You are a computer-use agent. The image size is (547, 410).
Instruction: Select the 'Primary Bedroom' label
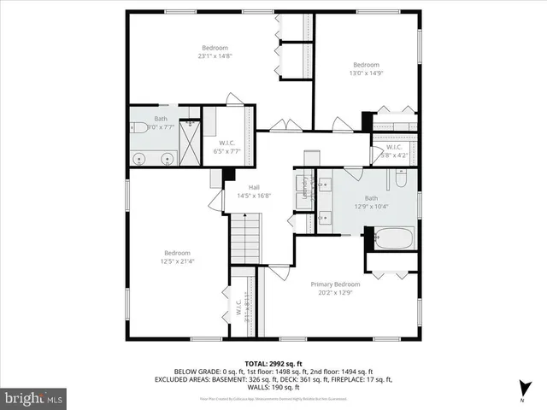click(x=335, y=284)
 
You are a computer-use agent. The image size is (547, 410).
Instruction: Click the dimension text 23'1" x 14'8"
click(x=215, y=56)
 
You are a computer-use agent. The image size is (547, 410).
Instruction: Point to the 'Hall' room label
click(x=254, y=187)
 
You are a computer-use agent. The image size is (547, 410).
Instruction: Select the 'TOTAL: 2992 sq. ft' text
click(x=274, y=363)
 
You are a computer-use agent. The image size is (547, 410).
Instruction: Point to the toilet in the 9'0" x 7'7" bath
click(x=138, y=128)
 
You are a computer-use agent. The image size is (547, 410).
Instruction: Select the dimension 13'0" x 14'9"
click(x=366, y=73)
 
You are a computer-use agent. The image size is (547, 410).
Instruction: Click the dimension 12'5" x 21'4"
click(x=178, y=261)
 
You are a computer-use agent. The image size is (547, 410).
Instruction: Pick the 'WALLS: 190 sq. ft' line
click(x=273, y=386)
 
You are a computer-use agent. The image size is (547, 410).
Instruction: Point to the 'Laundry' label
click(x=303, y=196)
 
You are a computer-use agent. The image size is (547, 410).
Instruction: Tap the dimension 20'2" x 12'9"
click(x=335, y=293)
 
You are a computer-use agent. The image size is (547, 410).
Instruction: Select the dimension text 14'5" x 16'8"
click(x=254, y=196)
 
